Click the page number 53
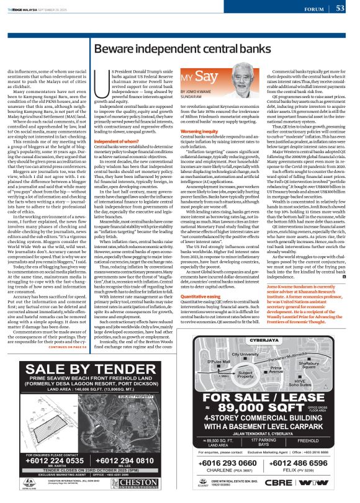(x=340, y=8)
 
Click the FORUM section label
(x=314, y=9)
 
